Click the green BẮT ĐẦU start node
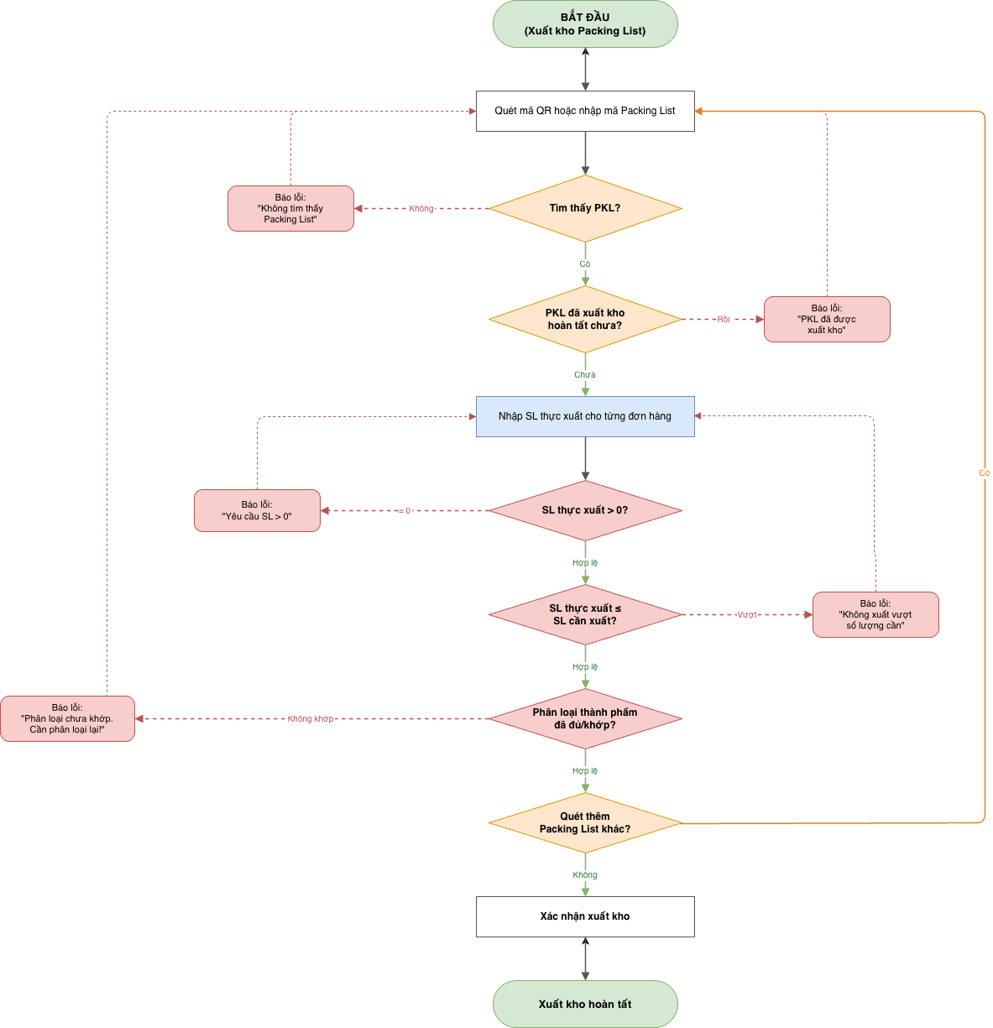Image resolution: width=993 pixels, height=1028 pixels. [x=585, y=23]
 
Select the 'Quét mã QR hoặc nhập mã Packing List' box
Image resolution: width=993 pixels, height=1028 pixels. [x=585, y=111]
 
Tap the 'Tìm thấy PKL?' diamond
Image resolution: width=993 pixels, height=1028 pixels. [x=585, y=208]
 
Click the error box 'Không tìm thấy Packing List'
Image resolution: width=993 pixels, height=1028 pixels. [x=290, y=208]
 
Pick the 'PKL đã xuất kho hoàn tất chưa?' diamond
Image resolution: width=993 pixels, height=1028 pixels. [x=585, y=319]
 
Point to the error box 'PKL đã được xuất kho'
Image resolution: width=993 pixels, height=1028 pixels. [x=827, y=319]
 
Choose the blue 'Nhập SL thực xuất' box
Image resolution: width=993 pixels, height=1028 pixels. [x=585, y=416]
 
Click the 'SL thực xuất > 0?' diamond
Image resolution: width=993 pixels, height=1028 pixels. [x=585, y=510]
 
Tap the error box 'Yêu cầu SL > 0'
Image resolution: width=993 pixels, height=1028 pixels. [x=257, y=510]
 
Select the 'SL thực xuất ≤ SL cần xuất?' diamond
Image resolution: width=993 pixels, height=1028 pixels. [x=585, y=614]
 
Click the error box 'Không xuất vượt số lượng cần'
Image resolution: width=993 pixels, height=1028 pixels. [x=875, y=614]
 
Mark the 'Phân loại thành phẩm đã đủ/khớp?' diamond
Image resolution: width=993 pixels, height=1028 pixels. [x=585, y=718]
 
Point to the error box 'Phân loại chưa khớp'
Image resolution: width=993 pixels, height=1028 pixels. [x=67, y=718]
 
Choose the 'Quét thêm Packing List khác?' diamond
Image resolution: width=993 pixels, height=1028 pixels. [x=585, y=822]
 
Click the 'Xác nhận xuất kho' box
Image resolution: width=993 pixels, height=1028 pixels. [x=585, y=916]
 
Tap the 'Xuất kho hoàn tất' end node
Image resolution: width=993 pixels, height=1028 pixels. [x=585, y=1004]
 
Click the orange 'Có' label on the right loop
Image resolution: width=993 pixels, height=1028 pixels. [x=984, y=473]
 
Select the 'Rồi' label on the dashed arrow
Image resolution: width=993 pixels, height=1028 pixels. [x=724, y=319]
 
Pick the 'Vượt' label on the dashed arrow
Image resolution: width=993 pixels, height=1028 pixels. [x=747, y=614]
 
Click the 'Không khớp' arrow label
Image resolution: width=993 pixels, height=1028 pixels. [x=311, y=718]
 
